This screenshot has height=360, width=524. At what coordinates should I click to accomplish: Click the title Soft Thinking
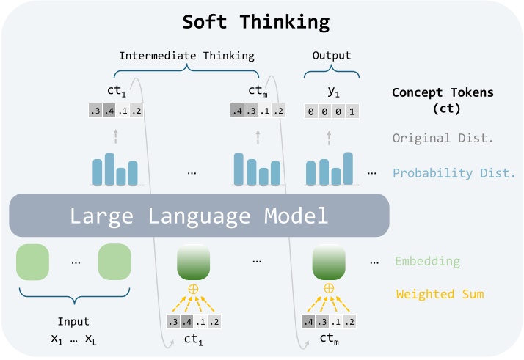[x=256, y=22]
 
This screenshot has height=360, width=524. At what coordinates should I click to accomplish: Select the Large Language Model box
[x=197, y=216]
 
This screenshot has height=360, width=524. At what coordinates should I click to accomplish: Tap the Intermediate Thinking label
[x=186, y=55]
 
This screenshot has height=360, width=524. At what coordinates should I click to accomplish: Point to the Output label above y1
[x=332, y=55]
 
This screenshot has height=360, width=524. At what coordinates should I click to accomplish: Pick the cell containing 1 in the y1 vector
[x=352, y=112]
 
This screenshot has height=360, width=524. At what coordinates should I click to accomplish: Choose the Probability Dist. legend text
[x=454, y=174]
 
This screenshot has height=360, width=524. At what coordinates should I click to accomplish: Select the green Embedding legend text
[x=427, y=261]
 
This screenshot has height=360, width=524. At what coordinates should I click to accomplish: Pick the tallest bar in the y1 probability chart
[x=348, y=168]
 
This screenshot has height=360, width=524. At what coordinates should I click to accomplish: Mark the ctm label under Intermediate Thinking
[x=258, y=92]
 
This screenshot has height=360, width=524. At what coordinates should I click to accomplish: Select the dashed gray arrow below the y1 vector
[x=329, y=136]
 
